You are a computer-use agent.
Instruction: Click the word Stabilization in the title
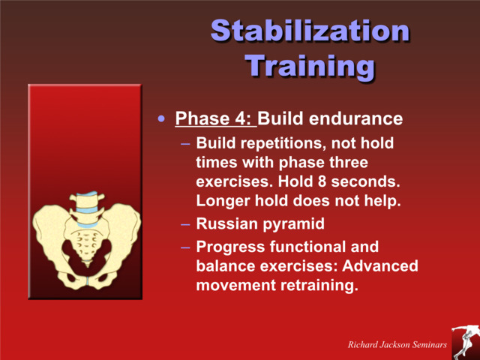pos(310,31)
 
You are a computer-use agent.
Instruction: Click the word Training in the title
pos(310,66)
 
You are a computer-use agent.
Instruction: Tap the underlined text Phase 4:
pos(215,119)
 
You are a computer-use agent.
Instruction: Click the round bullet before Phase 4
pos(161,119)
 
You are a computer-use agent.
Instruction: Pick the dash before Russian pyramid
pos(185,223)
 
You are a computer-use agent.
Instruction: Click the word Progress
pos(229,246)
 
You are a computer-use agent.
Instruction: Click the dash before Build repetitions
pos(185,142)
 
